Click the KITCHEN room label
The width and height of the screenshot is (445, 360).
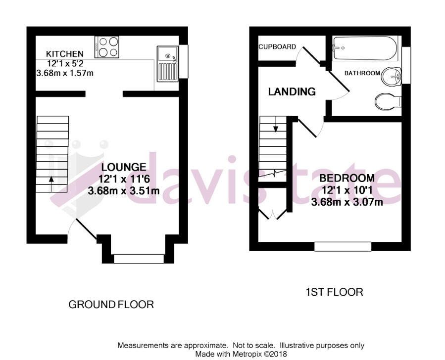point(64,53)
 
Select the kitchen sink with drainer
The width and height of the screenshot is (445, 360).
point(167,64)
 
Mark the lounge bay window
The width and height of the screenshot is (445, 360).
point(139,259)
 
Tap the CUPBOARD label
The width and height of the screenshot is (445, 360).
point(277,47)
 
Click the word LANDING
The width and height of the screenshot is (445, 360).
point(292,91)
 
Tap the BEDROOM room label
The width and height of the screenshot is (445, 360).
point(346,178)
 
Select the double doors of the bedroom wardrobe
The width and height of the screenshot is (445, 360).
point(272,214)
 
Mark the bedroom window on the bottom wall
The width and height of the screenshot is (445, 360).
point(343,246)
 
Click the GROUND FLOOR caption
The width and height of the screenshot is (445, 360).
point(111,304)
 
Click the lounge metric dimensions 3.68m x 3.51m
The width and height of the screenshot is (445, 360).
point(123,190)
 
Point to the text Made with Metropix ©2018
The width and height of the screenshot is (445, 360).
point(241,354)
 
